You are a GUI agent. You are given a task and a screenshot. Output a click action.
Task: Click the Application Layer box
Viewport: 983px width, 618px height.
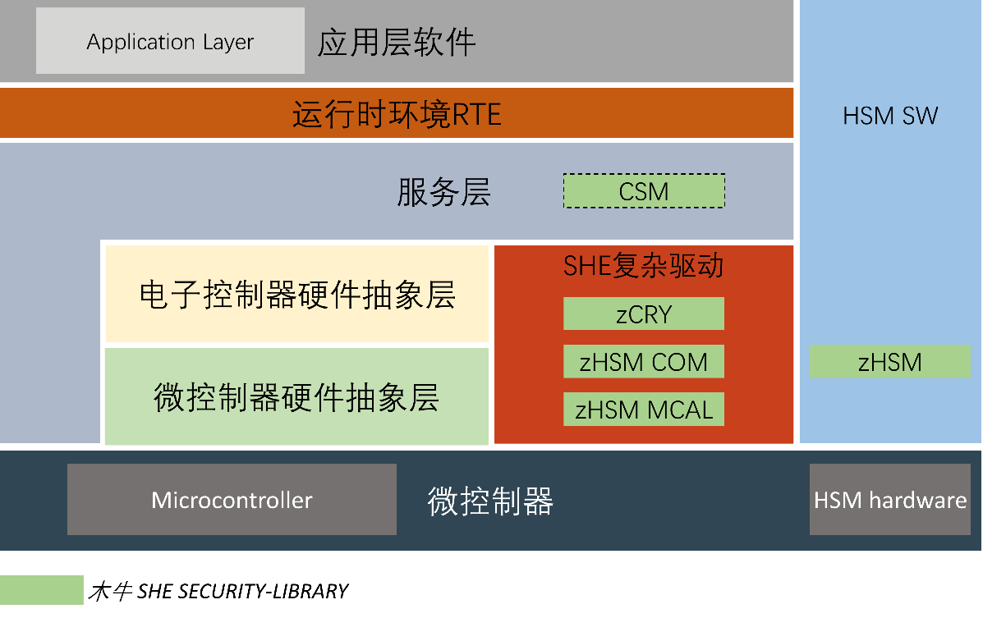(x=170, y=41)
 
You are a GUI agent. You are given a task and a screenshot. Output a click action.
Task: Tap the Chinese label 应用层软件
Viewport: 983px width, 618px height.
(x=396, y=43)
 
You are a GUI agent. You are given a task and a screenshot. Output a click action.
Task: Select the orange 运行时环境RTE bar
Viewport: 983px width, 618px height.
(x=396, y=112)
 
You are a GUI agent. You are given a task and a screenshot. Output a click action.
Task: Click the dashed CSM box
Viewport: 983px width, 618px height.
(x=644, y=190)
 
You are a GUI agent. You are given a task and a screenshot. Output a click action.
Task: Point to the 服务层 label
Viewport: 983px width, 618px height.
(x=443, y=192)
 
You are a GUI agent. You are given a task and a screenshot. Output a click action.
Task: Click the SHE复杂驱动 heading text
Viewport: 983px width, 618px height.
(x=643, y=266)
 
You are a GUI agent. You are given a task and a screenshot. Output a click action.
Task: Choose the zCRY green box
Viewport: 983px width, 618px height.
(x=644, y=314)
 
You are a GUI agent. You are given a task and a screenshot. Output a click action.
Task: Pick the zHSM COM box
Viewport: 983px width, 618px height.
(x=644, y=362)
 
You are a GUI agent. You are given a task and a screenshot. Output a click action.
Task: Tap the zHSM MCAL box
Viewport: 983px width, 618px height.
(x=644, y=410)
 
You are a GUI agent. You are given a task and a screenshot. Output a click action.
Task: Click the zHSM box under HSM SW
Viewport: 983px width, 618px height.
(x=889, y=362)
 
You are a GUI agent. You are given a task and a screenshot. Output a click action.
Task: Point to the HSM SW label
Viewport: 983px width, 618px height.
(x=890, y=116)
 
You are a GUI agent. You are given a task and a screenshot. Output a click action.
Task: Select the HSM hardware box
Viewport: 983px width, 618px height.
(x=890, y=500)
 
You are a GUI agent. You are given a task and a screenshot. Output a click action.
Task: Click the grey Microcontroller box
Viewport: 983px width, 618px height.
(x=232, y=500)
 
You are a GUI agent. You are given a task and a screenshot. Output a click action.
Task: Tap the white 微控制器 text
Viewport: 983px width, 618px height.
(x=490, y=501)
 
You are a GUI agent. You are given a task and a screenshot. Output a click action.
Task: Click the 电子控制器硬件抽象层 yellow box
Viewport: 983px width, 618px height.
(x=296, y=294)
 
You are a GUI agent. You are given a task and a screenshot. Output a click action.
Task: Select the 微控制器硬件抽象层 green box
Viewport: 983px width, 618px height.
(x=296, y=396)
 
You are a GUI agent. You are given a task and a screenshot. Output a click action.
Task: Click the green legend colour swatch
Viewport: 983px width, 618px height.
(x=41, y=590)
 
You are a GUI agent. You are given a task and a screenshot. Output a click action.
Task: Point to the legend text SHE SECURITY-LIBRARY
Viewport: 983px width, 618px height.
(x=242, y=591)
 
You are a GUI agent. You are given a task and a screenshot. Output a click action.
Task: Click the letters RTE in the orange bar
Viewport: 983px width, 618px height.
(x=476, y=115)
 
